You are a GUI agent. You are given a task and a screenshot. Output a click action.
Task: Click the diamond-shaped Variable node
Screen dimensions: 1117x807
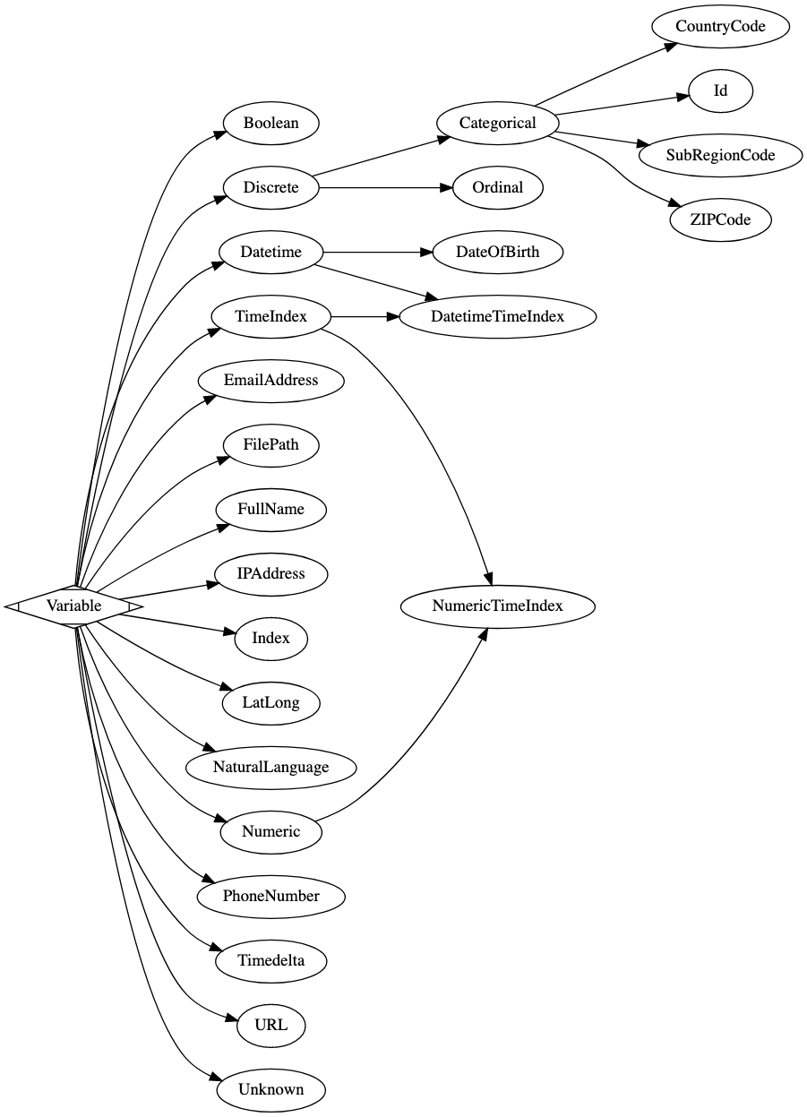coord(74,606)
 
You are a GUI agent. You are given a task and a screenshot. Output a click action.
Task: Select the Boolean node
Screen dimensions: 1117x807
coord(270,124)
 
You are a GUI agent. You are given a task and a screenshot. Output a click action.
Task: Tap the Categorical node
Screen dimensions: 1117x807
coord(497,124)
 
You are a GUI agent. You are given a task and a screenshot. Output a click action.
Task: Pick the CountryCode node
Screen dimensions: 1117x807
coord(720,27)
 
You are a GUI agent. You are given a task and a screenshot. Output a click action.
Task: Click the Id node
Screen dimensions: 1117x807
coord(720,91)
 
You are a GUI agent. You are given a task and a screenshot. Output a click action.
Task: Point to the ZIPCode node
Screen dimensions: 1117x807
coord(720,219)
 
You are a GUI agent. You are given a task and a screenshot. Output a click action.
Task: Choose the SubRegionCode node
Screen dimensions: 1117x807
coord(720,156)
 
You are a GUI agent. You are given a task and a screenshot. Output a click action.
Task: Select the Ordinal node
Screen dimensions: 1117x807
coord(497,188)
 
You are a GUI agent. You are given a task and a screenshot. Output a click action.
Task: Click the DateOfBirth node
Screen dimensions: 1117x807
coord(497,253)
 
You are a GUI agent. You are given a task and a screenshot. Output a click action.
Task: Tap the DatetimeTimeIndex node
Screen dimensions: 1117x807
coord(497,317)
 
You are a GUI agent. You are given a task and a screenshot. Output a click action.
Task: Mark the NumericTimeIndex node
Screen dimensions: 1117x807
coord(497,606)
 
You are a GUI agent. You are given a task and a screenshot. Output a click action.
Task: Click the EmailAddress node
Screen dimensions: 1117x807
coord(270,381)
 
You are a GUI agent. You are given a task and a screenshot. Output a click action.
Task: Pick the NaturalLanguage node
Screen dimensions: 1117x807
coord(270,768)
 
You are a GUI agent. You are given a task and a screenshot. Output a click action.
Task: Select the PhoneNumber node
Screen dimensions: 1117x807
coord(270,897)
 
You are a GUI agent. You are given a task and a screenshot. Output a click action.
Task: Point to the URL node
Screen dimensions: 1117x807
coord(270,1026)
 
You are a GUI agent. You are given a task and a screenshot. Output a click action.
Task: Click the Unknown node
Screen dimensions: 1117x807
coord(270,1090)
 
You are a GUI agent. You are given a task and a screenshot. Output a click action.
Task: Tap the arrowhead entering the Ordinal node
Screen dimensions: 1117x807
coord(442,188)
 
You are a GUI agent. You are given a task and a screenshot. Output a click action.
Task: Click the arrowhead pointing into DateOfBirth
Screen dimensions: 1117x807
coord(425,253)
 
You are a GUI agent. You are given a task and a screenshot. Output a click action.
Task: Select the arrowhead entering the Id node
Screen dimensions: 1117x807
coord(682,97)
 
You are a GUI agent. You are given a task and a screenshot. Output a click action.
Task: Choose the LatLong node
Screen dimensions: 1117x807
coord(270,703)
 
